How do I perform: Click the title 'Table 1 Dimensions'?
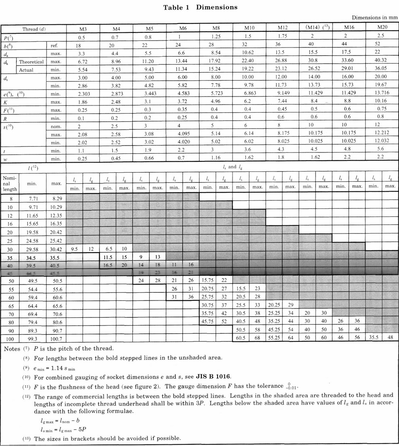pos(200,7)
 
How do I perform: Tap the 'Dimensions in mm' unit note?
pos(375,18)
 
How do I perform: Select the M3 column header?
pos(83,29)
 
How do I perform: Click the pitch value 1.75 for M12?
pos(283,37)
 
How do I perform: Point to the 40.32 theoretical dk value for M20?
pos(382,61)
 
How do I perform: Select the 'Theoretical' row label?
pos(31,62)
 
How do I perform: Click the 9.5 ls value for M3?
pos(74,249)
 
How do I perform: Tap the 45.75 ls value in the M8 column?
pos(208,320)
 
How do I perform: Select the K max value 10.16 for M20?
pos(382,101)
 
